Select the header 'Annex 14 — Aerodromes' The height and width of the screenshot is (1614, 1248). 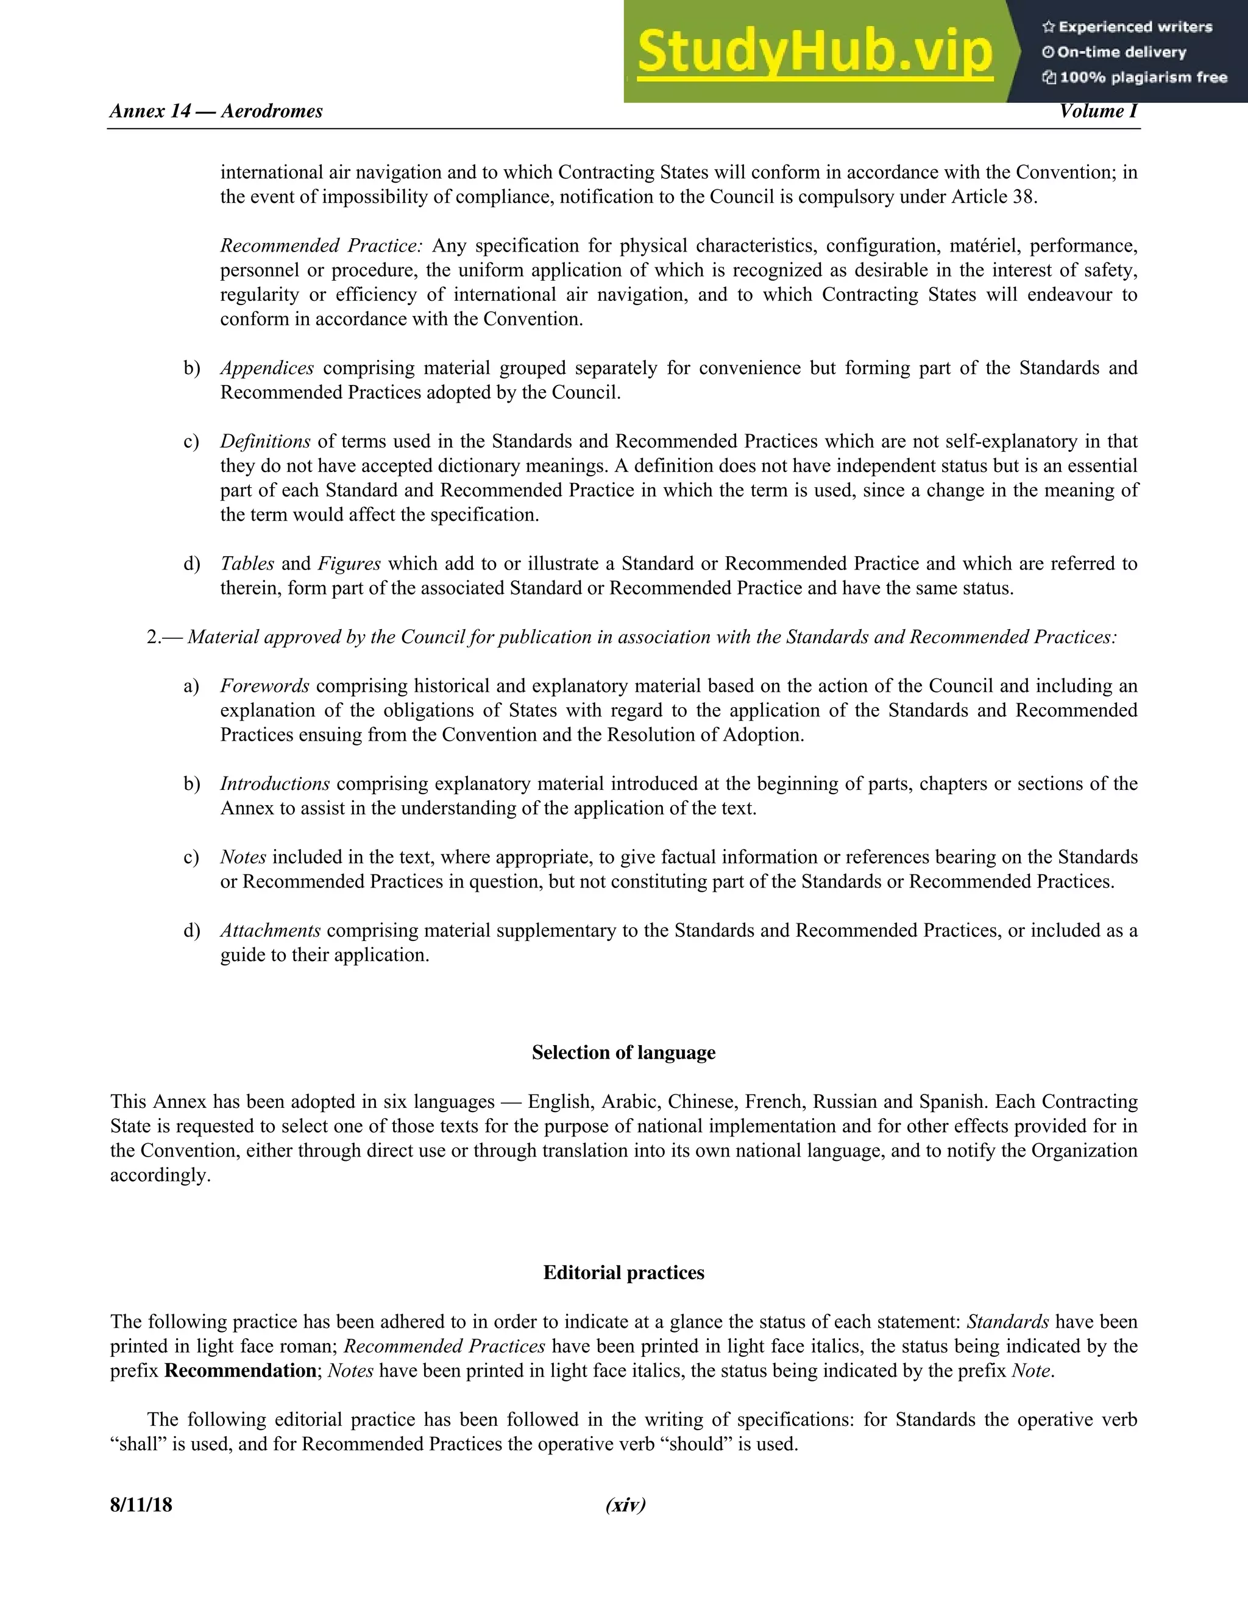pyautogui.click(x=216, y=111)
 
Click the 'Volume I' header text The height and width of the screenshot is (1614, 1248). pyautogui.click(x=1098, y=111)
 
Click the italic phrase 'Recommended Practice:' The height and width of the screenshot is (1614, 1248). pyautogui.click(x=321, y=246)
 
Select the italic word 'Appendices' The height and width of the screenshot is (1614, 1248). pyautogui.click(x=267, y=368)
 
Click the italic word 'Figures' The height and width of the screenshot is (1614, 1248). pyautogui.click(x=349, y=564)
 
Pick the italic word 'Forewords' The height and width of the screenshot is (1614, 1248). pyautogui.click(x=264, y=686)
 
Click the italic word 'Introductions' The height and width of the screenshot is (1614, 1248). pyautogui.click(x=274, y=784)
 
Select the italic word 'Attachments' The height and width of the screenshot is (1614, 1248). pyautogui.click(x=270, y=931)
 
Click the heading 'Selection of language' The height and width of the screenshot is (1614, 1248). pyautogui.click(x=623, y=1053)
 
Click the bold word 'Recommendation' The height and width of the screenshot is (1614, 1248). pyautogui.click(x=240, y=1371)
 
